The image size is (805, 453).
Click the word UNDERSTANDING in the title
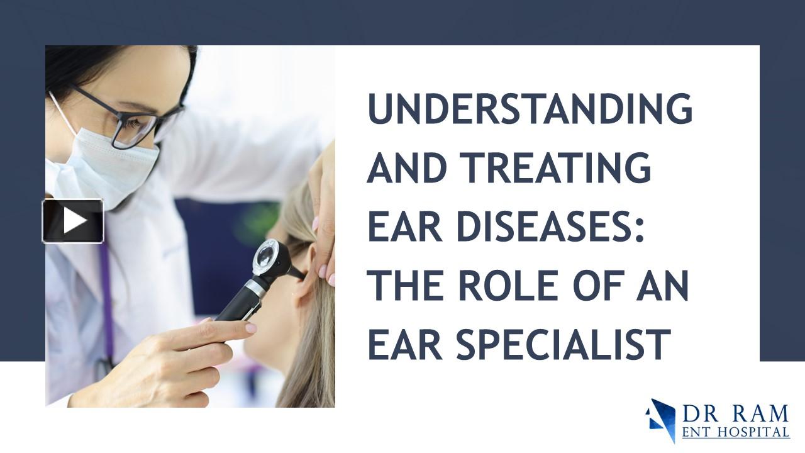click(530, 109)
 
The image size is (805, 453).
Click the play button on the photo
click(73, 221)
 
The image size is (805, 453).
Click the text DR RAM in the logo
click(735, 414)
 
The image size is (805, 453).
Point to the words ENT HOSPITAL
click(735, 432)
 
